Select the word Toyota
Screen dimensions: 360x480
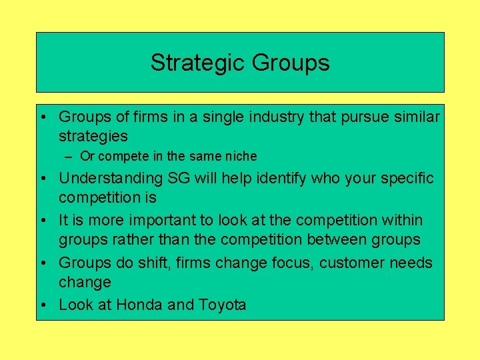(x=222, y=305)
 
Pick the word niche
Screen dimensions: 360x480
(x=240, y=157)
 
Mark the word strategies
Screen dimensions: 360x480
(x=93, y=137)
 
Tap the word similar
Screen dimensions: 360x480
(x=418, y=117)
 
